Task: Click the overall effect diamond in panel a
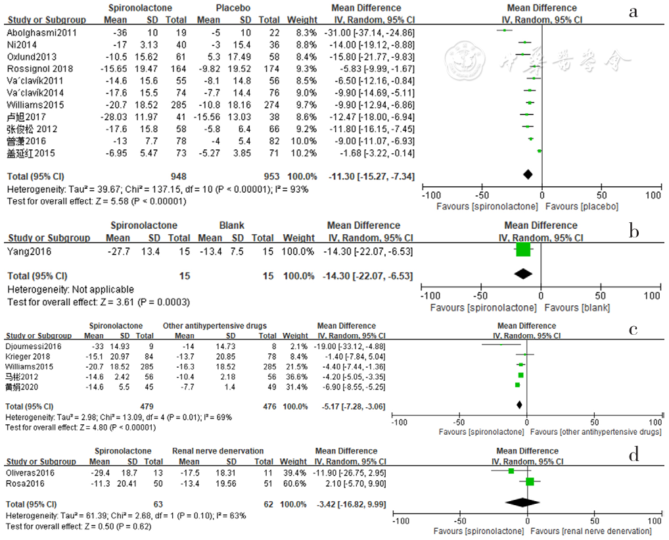pos(528,174)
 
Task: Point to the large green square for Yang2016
pos(523,249)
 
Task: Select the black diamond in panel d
pos(527,502)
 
